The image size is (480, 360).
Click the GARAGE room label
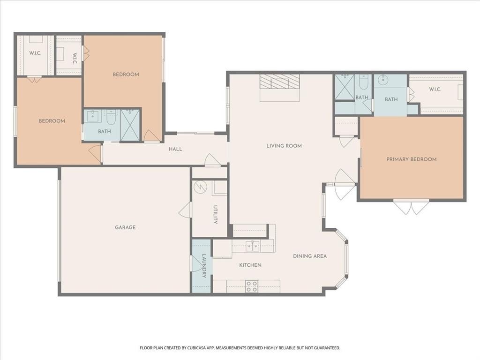coord(125,228)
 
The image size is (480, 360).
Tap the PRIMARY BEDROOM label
coord(411,159)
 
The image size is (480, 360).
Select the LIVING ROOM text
coord(284,146)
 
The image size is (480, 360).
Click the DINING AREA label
coord(310,256)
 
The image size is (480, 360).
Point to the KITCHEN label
coord(250,265)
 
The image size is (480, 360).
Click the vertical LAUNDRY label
coord(204,266)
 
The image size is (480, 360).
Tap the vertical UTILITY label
coord(215,215)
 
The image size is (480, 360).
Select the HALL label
coord(175,149)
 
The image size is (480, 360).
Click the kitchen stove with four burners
coord(252,286)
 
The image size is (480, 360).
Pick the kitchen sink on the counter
coord(252,245)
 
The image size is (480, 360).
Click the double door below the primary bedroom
coord(411,207)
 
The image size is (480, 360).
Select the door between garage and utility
coord(186,210)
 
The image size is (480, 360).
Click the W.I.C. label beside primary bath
coord(436,90)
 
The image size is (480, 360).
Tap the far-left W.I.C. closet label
coord(35,53)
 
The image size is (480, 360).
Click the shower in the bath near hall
coord(130,125)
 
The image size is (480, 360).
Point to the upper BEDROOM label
coord(126,75)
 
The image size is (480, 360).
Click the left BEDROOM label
coord(52,121)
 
